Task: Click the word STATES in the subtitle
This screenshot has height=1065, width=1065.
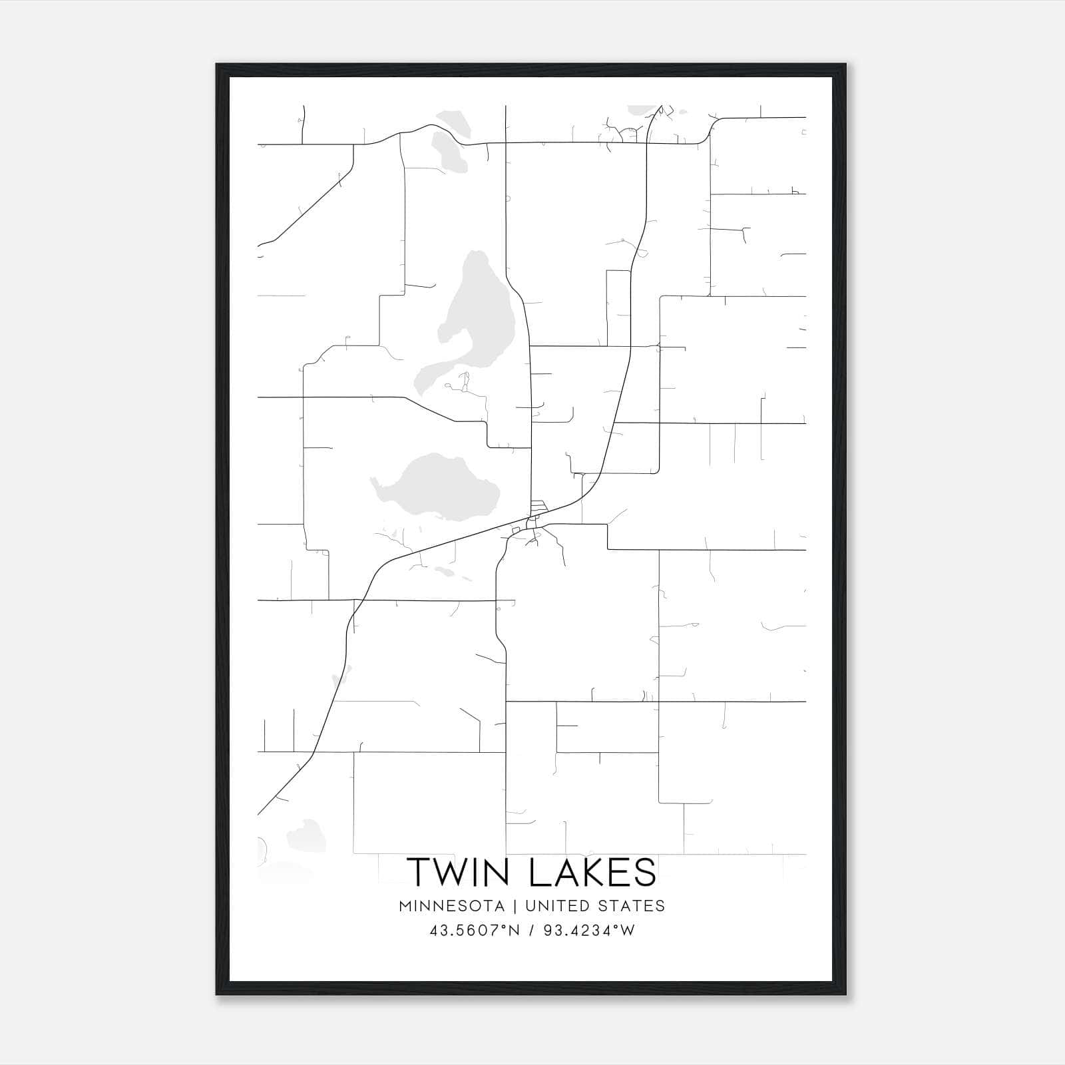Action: coord(630,906)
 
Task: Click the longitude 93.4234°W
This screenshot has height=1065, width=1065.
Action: coord(589,931)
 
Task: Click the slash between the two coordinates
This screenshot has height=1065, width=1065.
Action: coord(531,931)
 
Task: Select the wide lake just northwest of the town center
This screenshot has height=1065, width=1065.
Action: coord(436,486)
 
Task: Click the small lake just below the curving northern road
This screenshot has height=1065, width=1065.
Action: coord(445,150)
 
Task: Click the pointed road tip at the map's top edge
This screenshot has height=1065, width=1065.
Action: coord(660,106)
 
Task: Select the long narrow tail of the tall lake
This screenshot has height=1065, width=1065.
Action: coord(429,373)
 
